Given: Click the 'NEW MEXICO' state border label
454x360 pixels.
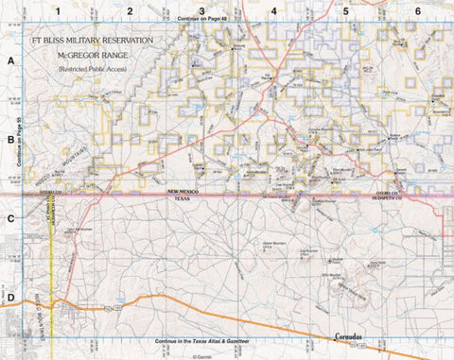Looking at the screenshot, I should [x=185, y=193].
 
